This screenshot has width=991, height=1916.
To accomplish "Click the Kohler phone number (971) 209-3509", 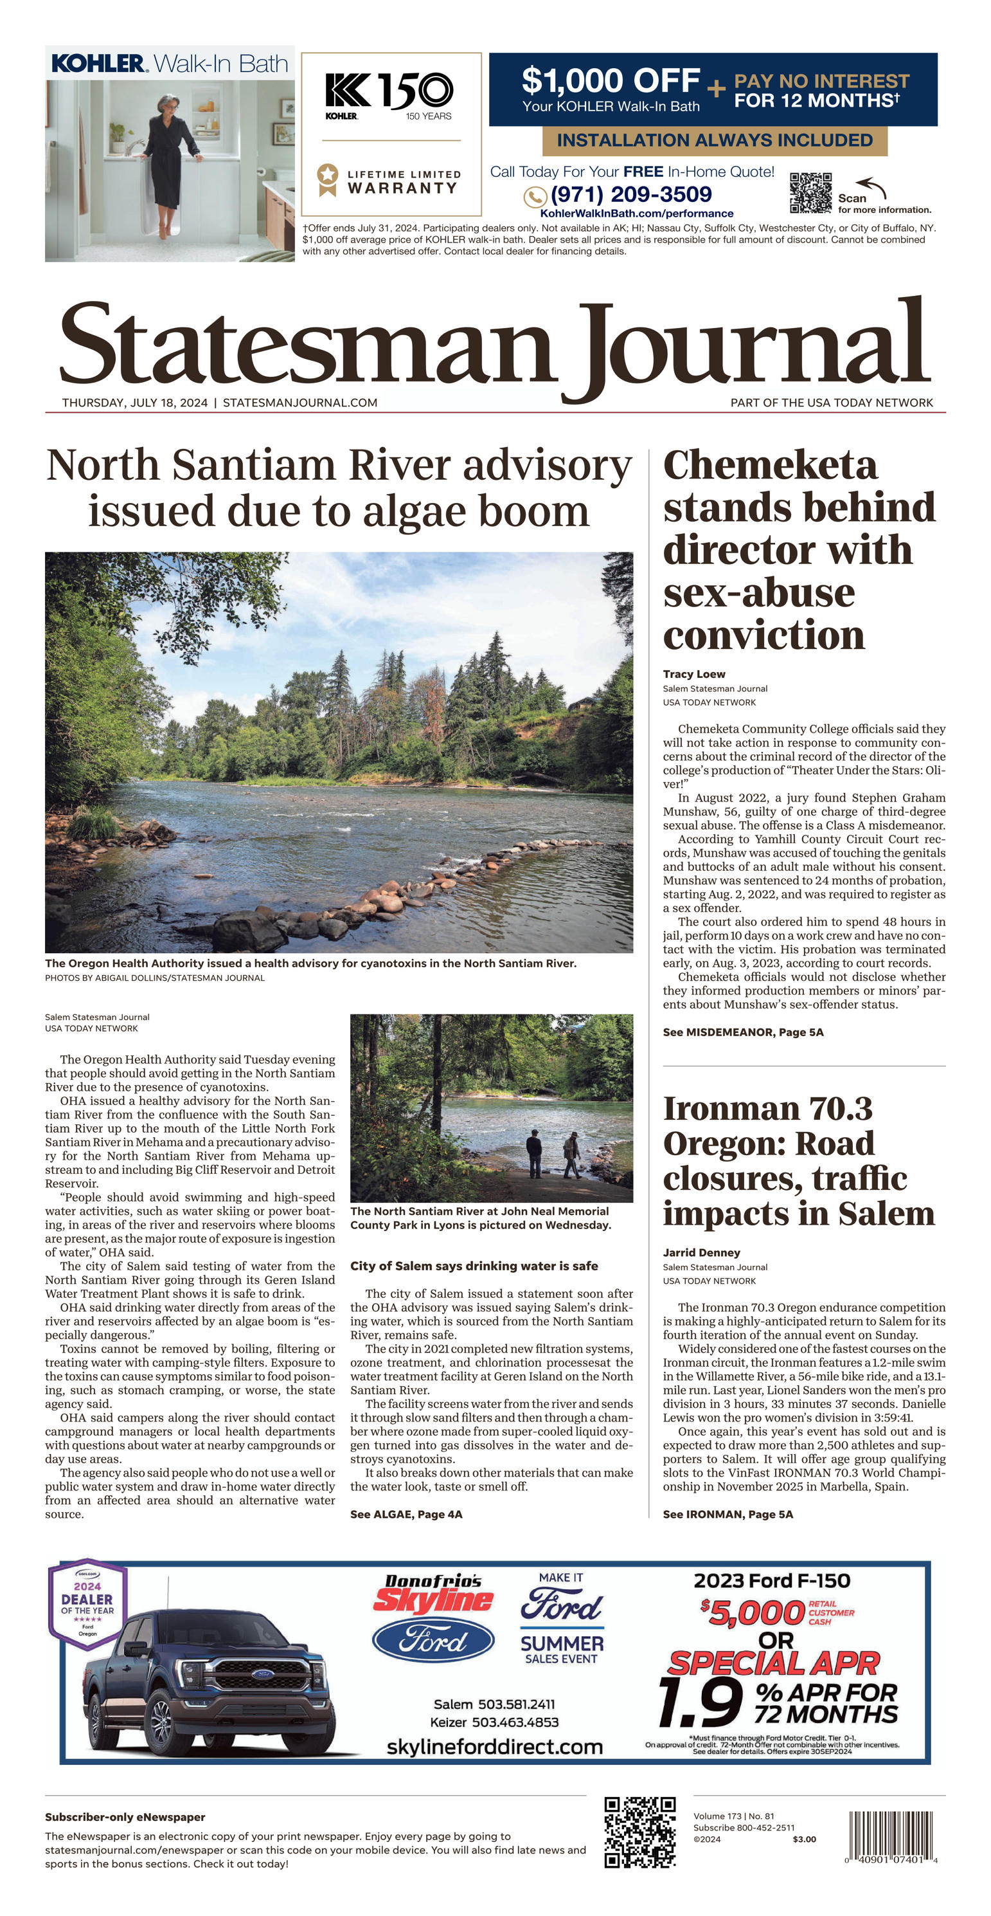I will pyautogui.click(x=630, y=195).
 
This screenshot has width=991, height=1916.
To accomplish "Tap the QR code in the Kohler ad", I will pyautogui.click(x=810, y=193).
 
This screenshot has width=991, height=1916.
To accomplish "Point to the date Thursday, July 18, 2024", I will pyautogui.click(x=134, y=403).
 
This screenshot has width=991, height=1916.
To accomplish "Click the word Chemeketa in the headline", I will pyautogui.click(x=770, y=466).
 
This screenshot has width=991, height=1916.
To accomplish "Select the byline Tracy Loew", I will pyautogui.click(x=693, y=674).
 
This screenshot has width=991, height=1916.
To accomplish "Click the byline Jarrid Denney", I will pyautogui.click(x=701, y=1252).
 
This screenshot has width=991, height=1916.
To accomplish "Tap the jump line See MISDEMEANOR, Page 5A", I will pyautogui.click(x=743, y=1032).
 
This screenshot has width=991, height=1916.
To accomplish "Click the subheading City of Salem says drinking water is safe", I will pyautogui.click(x=474, y=1266).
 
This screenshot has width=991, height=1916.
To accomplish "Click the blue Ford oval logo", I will pyautogui.click(x=433, y=1641).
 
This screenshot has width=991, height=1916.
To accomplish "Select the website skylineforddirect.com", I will pyautogui.click(x=494, y=1746).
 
